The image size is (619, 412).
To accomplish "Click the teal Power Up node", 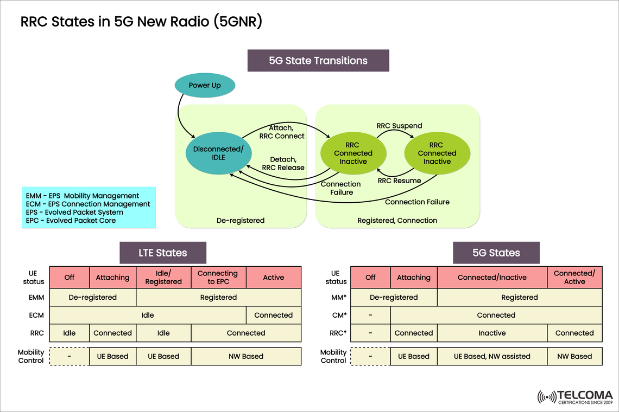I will [205, 86].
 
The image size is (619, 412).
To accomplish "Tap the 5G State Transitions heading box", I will [318, 61].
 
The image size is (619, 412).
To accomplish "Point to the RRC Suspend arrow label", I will [399, 126].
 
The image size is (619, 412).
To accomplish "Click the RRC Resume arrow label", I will [399, 181].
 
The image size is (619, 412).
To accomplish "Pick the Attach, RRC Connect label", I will [282, 132].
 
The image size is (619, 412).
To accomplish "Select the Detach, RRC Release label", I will [283, 163].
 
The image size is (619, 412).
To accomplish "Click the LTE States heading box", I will [163, 253].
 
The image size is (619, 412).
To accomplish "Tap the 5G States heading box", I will [496, 253].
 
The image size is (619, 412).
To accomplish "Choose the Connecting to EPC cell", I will [218, 277].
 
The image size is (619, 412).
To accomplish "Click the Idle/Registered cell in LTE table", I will [163, 277].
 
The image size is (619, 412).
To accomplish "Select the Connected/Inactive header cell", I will [492, 277].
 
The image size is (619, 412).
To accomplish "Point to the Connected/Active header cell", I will [574, 277].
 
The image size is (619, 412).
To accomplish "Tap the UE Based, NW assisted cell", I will [492, 356].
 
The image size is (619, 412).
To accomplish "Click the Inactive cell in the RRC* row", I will [492, 333].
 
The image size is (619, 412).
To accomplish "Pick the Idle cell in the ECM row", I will [148, 315].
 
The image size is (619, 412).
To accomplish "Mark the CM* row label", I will [339, 315].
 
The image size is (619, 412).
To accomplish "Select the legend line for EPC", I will [71, 221].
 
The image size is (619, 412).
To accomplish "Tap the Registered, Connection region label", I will [397, 221].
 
